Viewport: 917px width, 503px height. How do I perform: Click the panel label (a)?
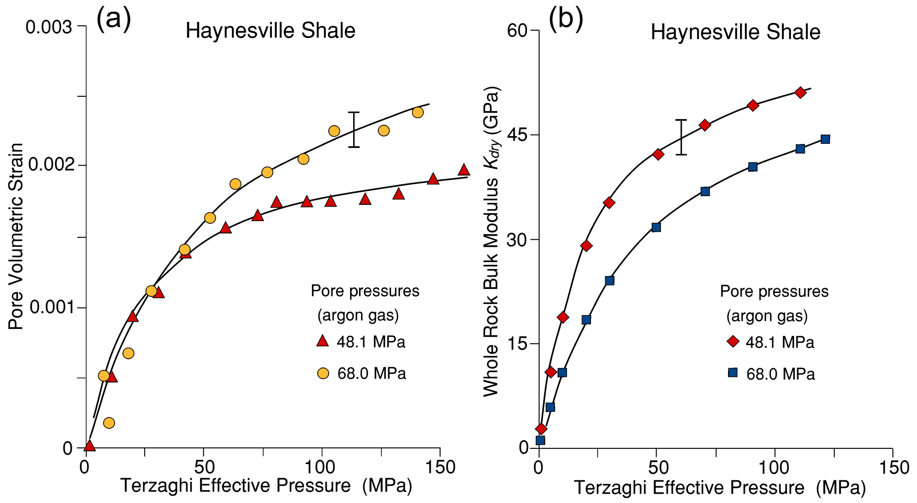click(x=114, y=20)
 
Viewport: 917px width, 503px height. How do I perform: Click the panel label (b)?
click(x=566, y=20)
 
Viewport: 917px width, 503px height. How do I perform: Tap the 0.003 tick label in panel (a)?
click(x=49, y=27)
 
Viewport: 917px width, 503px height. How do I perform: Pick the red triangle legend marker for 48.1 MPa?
click(x=323, y=341)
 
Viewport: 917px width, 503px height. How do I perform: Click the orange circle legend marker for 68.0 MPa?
click(x=323, y=373)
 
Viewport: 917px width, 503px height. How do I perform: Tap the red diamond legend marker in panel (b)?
click(x=733, y=341)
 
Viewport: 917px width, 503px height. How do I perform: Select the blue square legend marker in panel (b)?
click(x=733, y=372)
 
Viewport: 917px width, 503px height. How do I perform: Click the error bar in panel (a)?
click(x=354, y=129)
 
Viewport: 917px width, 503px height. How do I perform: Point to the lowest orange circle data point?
click(x=109, y=423)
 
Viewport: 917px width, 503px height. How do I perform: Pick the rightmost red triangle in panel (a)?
click(x=464, y=170)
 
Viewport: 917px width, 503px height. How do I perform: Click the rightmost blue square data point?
click(x=825, y=139)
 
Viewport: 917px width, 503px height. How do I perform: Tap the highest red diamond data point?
click(x=800, y=93)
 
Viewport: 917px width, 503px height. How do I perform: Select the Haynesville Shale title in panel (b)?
click(x=735, y=32)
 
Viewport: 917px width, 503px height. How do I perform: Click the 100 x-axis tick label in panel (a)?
click(x=322, y=467)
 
